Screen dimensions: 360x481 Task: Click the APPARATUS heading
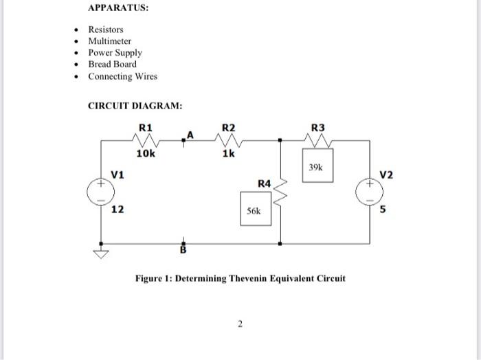pyautogui.click(x=118, y=8)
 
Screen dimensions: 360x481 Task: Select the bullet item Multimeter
pyautogui.click(x=109, y=41)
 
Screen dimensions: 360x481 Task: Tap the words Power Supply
pyautogui.click(x=115, y=53)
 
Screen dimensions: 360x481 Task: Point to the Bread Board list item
pyautogui.click(x=112, y=65)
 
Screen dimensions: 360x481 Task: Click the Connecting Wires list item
pyautogui.click(x=122, y=76)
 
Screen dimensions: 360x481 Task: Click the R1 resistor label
pyautogui.click(x=146, y=127)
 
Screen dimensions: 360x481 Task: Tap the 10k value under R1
pyautogui.click(x=146, y=155)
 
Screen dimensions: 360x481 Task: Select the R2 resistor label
pyautogui.click(x=228, y=127)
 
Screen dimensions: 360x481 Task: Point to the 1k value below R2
pyautogui.click(x=228, y=155)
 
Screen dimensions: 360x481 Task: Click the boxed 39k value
pyautogui.click(x=316, y=167)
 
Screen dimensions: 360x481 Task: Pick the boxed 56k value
pyautogui.click(x=254, y=212)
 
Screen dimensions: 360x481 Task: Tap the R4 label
pyautogui.click(x=265, y=183)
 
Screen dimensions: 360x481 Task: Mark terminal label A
pyautogui.click(x=190, y=135)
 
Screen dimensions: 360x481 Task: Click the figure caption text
pyautogui.click(x=240, y=278)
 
